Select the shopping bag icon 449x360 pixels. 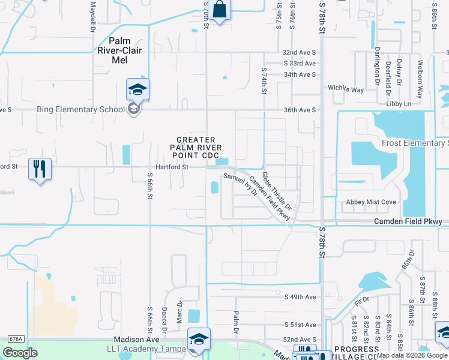(x=220, y=10)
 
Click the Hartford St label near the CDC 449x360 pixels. (x=172, y=167)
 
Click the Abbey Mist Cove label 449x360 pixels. (x=370, y=202)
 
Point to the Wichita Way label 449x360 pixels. (x=345, y=89)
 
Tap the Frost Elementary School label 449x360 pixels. (x=415, y=143)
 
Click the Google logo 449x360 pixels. (x=20, y=353)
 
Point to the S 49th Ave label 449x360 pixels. (x=300, y=297)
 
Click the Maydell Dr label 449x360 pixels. (x=93, y=16)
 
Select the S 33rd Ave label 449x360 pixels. (x=300, y=63)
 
